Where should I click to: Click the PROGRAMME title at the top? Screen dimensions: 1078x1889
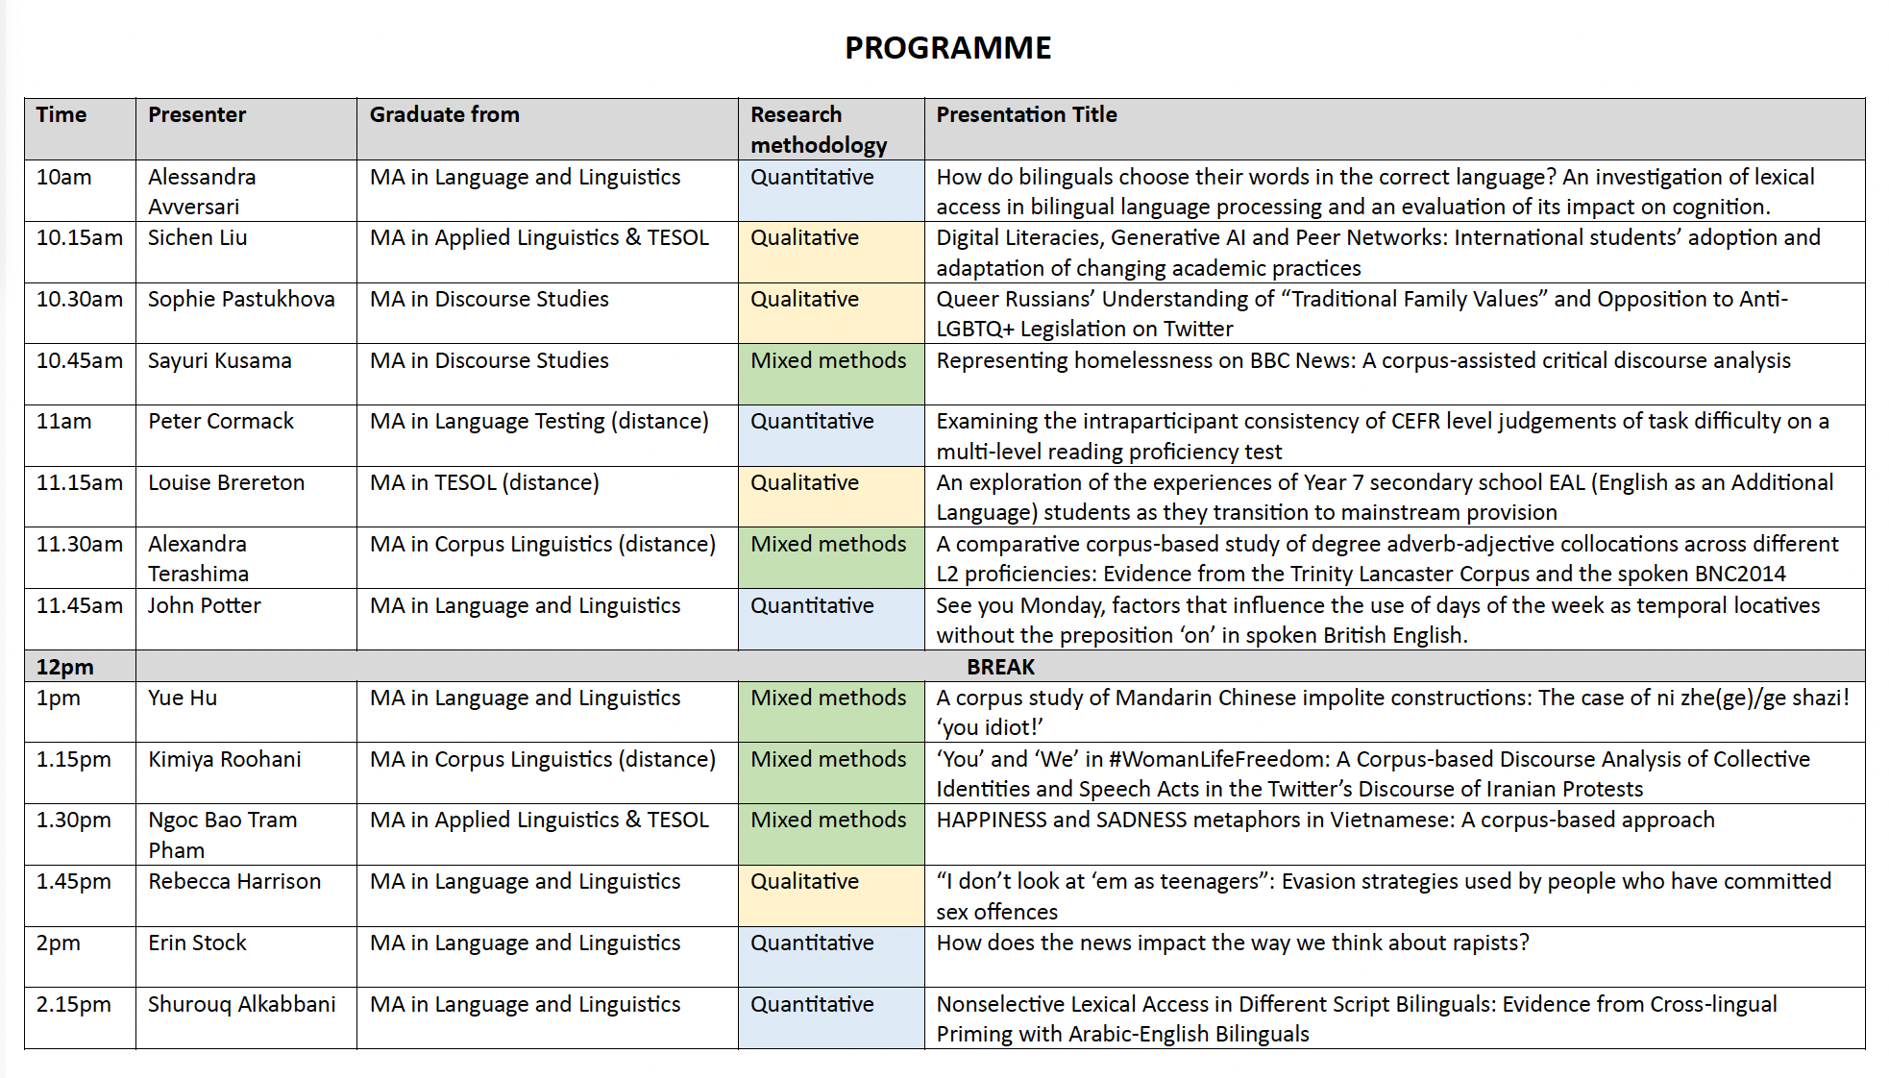pos(947,48)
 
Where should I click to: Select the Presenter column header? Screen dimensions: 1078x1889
pos(197,115)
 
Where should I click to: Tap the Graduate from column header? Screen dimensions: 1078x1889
pos(444,115)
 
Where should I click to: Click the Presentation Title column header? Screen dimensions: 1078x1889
pos(1026,115)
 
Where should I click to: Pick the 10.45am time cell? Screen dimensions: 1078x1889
pos(80,361)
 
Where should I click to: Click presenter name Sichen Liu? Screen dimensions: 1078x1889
pos(197,238)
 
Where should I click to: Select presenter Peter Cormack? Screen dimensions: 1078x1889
pos(221,422)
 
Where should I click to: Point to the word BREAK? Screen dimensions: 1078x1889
pos(1000,667)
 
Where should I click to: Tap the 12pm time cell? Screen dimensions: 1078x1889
pos(65,667)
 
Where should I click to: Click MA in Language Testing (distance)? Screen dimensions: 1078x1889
pos(539,422)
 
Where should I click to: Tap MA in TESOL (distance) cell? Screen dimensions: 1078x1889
pos(484,483)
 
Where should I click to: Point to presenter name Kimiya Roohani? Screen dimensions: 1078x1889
pos(224,760)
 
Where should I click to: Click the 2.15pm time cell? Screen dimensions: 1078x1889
pos(74,1005)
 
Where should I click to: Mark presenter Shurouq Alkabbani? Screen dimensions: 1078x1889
pos(241,1005)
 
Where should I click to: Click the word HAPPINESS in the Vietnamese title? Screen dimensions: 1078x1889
pos(991,821)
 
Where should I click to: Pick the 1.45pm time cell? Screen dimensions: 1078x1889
pos(74,882)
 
